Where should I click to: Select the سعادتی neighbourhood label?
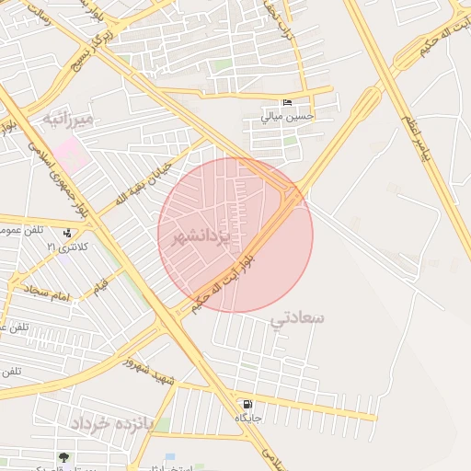coord(298,318)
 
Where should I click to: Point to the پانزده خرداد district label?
coord(108,422)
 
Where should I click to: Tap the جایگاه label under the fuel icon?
coord(248,419)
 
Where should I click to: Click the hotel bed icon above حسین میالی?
coord(288,103)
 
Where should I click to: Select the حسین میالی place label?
coord(288,117)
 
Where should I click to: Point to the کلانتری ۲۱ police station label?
coord(72,247)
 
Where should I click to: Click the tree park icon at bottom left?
coord(63,458)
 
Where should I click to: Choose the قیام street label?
coord(98,282)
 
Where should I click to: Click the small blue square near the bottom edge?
coord(169,457)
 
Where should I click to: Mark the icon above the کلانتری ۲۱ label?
coord(72,232)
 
